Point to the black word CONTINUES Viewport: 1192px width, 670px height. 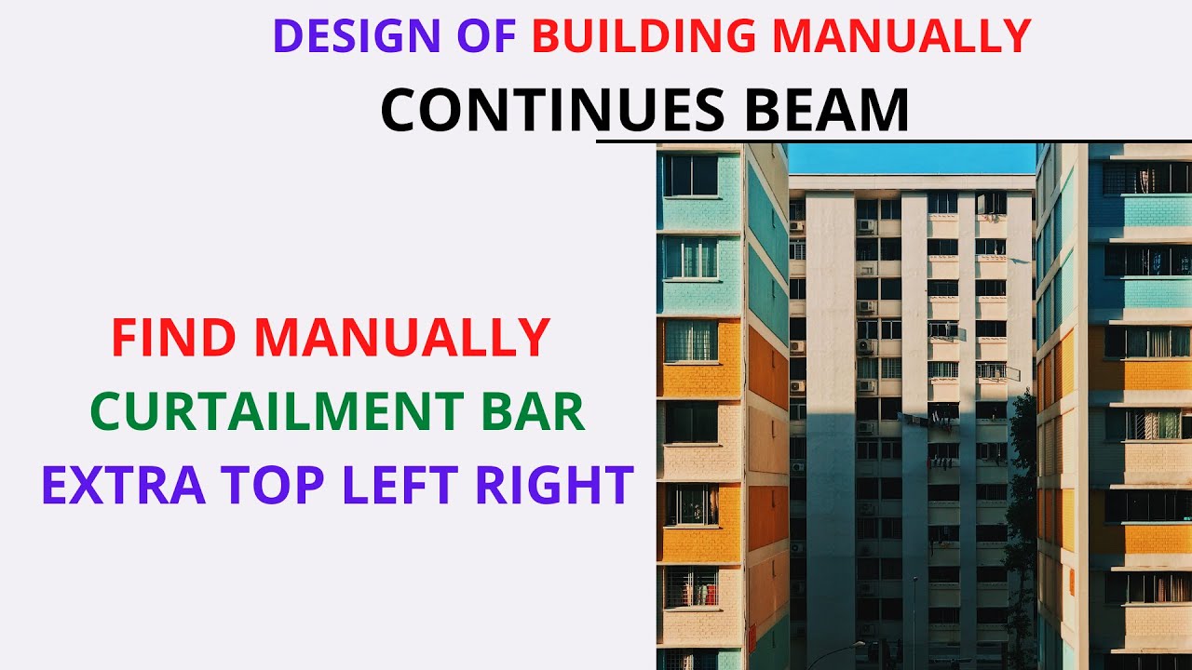[551, 110]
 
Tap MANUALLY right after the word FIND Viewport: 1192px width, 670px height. [402, 338]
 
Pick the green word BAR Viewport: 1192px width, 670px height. [534, 411]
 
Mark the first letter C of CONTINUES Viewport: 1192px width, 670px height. [402, 110]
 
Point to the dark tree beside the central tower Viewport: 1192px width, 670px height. [1023, 484]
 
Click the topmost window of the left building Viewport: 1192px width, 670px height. [690, 175]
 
